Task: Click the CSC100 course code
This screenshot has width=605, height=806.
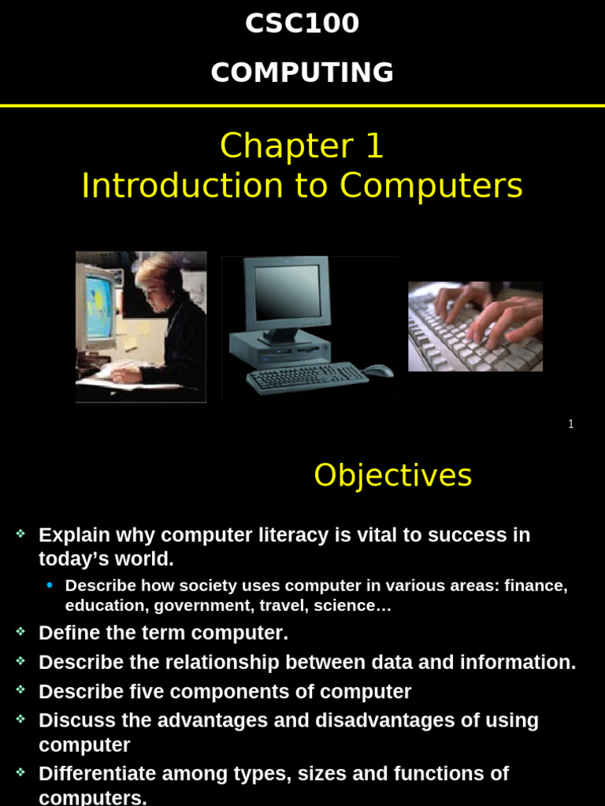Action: pyautogui.click(x=302, y=24)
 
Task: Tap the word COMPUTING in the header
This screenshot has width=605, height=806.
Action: pyautogui.click(x=302, y=72)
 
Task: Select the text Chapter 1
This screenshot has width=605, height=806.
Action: pyautogui.click(x=302, y=146)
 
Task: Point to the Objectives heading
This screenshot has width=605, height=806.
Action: pyautogui.click(x=392, y=475)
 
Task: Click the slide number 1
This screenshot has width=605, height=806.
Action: pyautogui.click(x=571, y=424)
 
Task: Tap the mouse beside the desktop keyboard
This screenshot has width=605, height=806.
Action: pyautogui.click(x=379, y=370)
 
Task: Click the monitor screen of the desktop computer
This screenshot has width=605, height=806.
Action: pyautogui.click(x=288, y=291)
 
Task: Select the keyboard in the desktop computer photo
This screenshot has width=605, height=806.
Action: pyautogui.click(x=307, y=377)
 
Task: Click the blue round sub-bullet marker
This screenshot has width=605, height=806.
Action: pyautogui.click(x=51, y=585)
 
